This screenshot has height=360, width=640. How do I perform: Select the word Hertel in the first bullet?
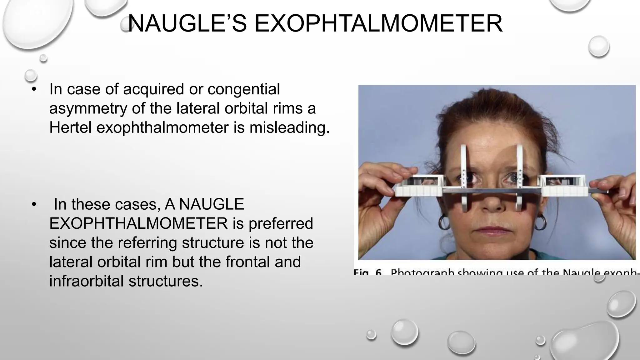click(x=70, y=127)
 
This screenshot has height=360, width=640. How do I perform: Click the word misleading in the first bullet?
click(x=289, y=127)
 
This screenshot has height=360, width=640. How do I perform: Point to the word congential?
click(x=244, y=89)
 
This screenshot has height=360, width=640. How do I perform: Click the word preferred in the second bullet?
click(x=281, y=223)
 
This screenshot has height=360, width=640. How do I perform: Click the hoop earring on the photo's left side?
click(x=444, y=222)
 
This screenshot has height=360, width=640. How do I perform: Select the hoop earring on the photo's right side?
click(x=540, y=222)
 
